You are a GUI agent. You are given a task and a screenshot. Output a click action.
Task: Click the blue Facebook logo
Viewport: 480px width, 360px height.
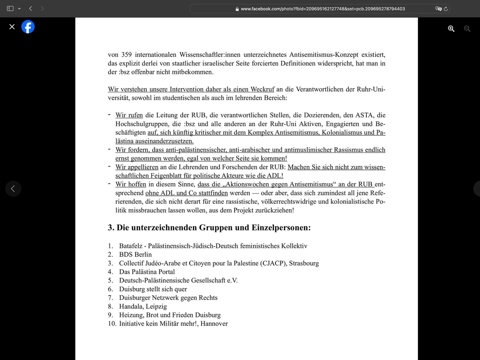coord(28,27)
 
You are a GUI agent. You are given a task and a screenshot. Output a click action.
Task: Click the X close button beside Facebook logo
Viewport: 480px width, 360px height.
coord(12,27)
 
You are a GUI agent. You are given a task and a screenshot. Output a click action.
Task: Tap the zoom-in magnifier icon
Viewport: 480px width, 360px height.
coord(451,28)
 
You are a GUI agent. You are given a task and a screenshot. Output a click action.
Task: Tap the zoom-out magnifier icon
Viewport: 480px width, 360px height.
coord(467,28)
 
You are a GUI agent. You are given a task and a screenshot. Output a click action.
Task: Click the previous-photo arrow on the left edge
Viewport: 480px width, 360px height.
coord(13,188)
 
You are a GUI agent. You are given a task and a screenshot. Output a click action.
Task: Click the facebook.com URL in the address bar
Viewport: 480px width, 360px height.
coord(323,8)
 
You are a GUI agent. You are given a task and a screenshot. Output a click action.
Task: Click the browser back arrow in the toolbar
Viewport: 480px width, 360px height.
coord(31,8)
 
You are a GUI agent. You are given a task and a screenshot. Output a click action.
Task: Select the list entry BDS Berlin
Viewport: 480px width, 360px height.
coord(135,254)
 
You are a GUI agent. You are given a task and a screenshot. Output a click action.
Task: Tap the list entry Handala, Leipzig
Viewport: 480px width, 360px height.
coord(143,306)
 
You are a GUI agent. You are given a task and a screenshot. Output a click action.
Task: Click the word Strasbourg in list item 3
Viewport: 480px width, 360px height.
coord(304,263)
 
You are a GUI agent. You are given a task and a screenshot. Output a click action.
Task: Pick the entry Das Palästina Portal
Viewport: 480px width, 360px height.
coord(147,272)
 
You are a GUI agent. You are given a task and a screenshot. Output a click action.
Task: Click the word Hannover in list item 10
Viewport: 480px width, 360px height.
coord(214,324)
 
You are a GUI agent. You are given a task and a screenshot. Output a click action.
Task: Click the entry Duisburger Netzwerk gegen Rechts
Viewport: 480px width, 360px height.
coord(168,298)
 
